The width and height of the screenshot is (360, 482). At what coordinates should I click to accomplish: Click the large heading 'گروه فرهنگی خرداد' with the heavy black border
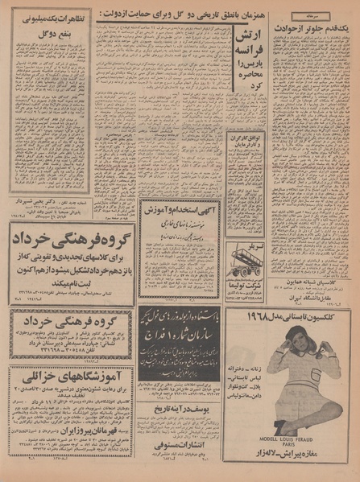coord(71,241)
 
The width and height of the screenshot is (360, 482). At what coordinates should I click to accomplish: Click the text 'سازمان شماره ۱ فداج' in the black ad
coord(179,331)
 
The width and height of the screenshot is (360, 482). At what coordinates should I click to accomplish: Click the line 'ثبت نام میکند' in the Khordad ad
coord(71,282)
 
